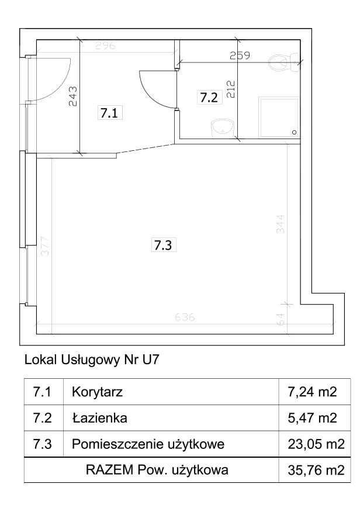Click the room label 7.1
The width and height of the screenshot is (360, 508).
109,114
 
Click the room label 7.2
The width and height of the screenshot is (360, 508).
209,98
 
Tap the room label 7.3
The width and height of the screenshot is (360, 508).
162,246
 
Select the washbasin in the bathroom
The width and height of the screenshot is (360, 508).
223,127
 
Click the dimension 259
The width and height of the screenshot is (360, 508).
240,56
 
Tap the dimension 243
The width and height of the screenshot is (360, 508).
73,95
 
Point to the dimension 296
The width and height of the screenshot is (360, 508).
106,45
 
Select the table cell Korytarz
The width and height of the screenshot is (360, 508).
96,392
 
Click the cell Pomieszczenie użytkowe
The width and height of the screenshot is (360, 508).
148,444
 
